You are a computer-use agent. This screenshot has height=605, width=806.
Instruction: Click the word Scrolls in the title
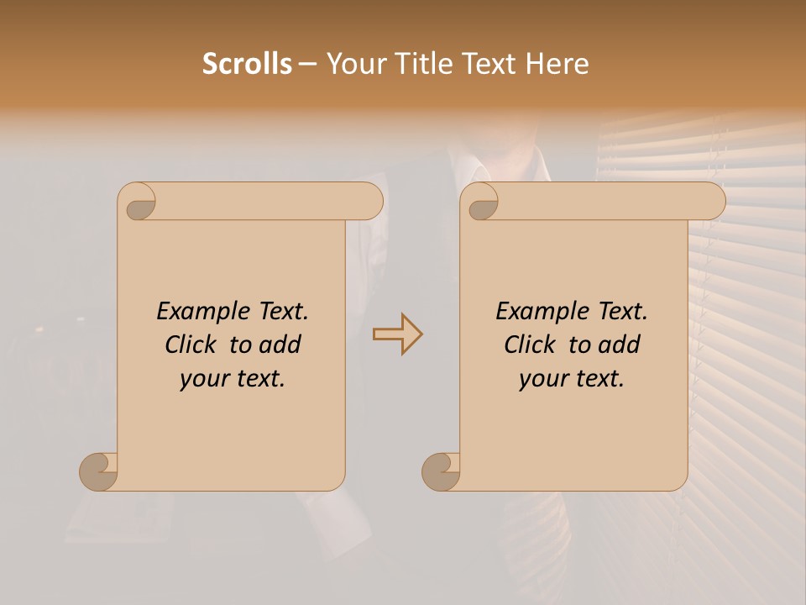247,64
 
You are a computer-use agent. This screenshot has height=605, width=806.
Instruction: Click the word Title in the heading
424,64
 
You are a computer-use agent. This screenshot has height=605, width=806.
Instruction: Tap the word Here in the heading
557,64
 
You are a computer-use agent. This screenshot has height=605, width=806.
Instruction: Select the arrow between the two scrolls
398,334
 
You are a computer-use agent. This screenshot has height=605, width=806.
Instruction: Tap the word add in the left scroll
280,345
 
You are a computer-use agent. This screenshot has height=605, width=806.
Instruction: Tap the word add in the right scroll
619,345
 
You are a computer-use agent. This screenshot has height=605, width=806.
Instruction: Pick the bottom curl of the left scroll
97,471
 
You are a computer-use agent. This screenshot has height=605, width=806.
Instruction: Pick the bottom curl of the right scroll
440,471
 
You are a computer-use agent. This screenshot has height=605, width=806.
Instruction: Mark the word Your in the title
357,64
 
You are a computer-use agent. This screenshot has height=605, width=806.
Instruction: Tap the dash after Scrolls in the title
308,64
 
